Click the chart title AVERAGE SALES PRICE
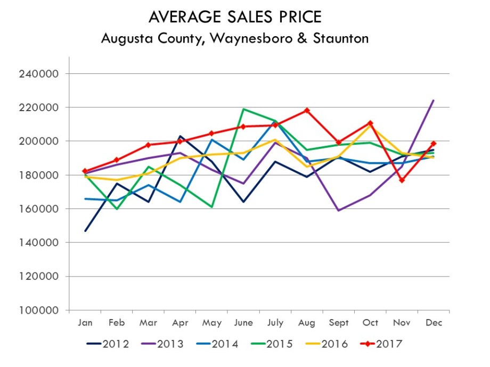(x=235, y=17)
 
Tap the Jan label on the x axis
(x=85, y=323)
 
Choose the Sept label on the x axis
(x=339, y=323)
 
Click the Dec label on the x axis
(x=434, y=323)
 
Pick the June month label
(x=243, y=323)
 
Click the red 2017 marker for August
(x=307, y=111)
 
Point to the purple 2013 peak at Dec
(x=434, y=101)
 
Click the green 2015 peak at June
(x=243, y=109)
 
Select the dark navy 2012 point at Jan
(x=85, y=231)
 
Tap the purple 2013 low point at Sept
(x=339, y=211)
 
